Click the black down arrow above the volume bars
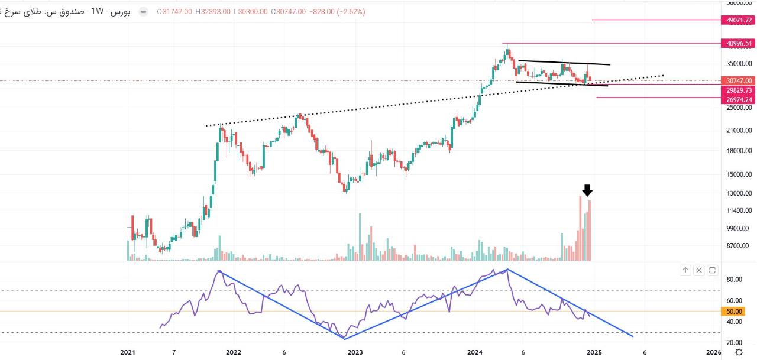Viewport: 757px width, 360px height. pyautogui.click(x=587, y=190)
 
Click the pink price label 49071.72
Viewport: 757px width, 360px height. pyautogui.click(x=739, y=20)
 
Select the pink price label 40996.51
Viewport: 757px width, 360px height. pyautogui.click(x=739, y=43)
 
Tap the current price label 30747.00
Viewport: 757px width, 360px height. pyautogui.click(x=739, y=80)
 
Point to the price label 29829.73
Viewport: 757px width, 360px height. pyautogui.click(x=739, y=90)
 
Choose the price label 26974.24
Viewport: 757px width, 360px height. pyautogui.click(x=739, y=100)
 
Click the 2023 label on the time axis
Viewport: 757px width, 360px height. pyautogui.click(x=355, y=352)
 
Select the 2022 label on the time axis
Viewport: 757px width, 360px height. pyautogui.click(x=234, y=352)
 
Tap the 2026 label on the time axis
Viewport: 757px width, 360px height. pyautogui.click(x=714, y=352)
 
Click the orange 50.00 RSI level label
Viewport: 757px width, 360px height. pyautogui.click(x=734, y=312)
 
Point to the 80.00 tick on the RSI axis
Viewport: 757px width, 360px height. pyautogui.click(x=734, y=280)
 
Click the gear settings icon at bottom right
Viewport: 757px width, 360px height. pyautogui.click(x=739, y=352)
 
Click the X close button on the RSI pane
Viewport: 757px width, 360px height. pyautogui.click(x=699, y=270)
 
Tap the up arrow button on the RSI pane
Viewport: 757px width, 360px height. pyautogui.click(x=685, y=270)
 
